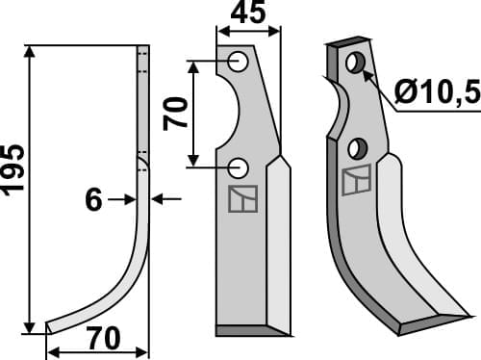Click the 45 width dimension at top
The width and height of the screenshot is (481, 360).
pos(248,16)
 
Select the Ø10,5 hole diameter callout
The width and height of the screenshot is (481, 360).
pos(437,93)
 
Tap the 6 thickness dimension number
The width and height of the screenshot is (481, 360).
pos(93,199)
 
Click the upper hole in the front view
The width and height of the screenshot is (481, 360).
pos(238,64)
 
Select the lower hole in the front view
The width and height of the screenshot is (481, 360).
pos(238,167)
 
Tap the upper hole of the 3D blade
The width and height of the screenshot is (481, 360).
pos(355,63)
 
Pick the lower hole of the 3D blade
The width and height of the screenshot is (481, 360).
pos(358,148)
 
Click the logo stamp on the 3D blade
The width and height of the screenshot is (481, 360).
pos(355,179)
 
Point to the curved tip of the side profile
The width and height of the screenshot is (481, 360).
pos(53,324)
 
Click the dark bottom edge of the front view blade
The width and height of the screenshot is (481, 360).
pos(253,330)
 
